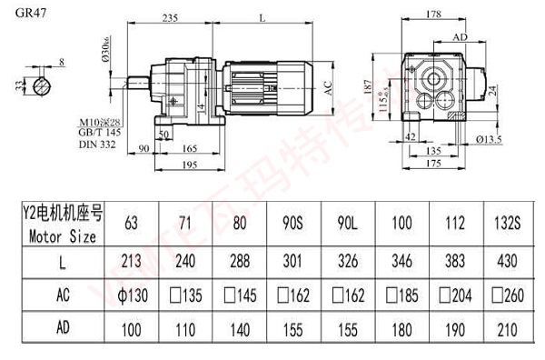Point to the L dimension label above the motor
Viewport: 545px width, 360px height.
(262, 16)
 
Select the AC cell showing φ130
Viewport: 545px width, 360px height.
(133, 295)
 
